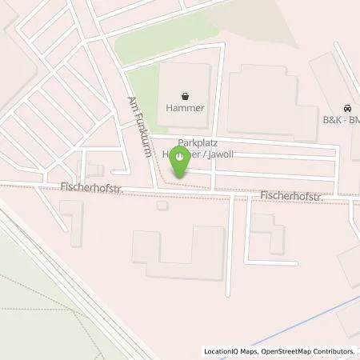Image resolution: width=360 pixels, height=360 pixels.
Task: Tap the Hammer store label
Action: (186, 106)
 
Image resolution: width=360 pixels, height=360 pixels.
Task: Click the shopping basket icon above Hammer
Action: (186, 94)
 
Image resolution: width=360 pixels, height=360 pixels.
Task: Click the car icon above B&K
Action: (346, 108)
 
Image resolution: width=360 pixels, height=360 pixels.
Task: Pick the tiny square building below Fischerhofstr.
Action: (162, 206)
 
